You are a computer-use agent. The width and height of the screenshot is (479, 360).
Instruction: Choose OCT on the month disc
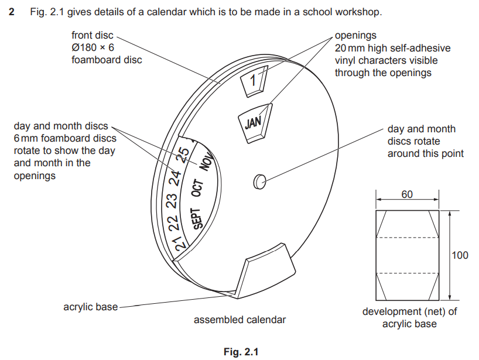(197, 189)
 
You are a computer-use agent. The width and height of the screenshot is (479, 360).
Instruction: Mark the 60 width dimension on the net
(408, 194)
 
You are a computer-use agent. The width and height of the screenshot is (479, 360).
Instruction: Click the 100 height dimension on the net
(460, 255)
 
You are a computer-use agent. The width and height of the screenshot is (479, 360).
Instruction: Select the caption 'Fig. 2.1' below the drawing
(240, 352)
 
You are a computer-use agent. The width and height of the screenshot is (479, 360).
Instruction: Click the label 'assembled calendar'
(240, 320)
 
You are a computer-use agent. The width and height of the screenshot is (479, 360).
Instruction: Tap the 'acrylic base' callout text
(91, 307)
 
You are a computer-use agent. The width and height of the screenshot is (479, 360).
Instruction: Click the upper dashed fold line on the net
(408, 238)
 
